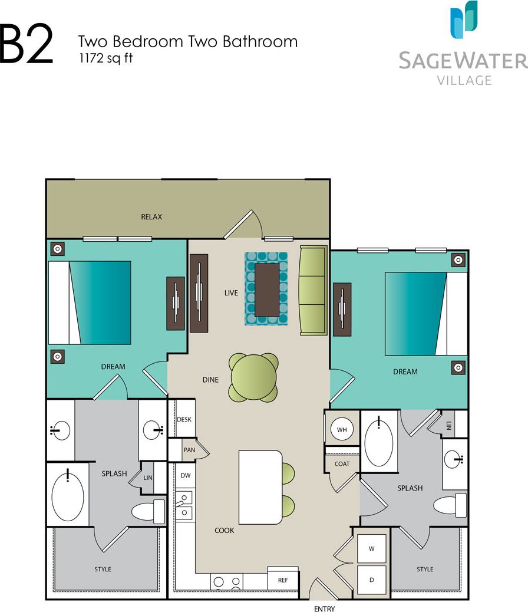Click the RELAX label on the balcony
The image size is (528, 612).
151,217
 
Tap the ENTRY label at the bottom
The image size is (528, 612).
324,608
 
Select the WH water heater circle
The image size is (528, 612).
342,430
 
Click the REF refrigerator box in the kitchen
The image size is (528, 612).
283,580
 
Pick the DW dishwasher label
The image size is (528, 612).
184,475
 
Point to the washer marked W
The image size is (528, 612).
372,549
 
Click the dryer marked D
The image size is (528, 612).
372,580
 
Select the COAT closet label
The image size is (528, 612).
342,463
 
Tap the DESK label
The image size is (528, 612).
184,419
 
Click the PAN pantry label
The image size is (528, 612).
189,450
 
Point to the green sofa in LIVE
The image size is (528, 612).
313,291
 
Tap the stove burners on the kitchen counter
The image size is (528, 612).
227,581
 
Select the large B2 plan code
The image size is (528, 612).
27,44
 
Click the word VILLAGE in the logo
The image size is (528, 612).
464,80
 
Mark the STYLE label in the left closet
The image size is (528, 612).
103,569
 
